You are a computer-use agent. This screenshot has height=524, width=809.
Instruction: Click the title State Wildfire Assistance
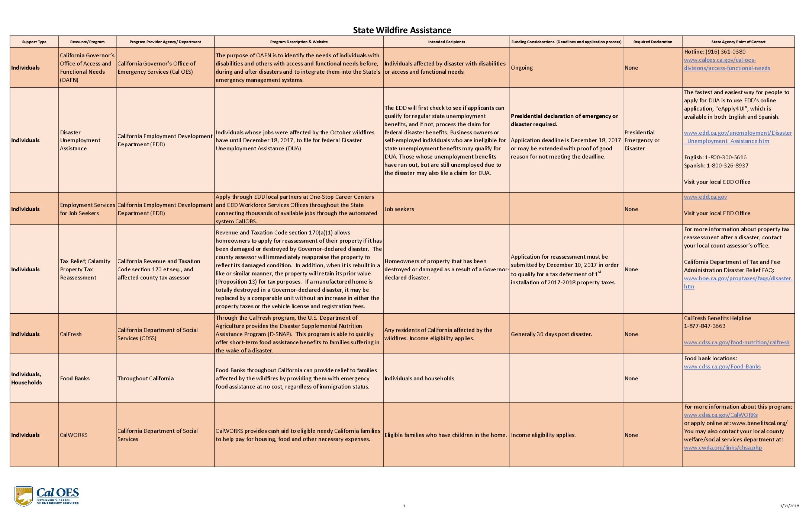click(402, 30)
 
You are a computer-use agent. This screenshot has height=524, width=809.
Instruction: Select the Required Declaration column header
click(652, 42)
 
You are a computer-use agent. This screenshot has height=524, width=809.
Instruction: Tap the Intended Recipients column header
click(446, 42)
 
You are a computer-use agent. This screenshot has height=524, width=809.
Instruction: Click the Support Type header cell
click(34, 42)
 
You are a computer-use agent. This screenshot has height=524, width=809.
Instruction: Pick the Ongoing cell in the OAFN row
click(522, 68)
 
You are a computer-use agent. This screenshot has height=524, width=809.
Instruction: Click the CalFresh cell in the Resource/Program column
click(71, 334)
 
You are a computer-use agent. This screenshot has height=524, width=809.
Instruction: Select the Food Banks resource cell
click(75, 378)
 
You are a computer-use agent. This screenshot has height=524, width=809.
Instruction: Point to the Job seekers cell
click(399, 209)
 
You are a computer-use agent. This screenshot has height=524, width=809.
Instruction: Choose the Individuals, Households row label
click(26, 378)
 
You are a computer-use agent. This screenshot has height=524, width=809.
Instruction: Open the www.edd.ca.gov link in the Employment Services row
click(705, 197)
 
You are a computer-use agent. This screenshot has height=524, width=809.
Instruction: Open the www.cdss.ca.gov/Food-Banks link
click(722, 367)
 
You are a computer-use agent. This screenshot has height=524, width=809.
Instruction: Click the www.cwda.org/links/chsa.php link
click(723, 448)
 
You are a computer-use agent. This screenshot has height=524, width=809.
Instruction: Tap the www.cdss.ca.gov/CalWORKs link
click(721, 415)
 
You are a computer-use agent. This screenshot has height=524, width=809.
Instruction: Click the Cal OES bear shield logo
click(24, 496)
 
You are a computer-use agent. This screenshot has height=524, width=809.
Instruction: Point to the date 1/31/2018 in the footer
click(789, 506)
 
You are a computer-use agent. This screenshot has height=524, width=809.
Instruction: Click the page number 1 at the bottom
click(404, 506)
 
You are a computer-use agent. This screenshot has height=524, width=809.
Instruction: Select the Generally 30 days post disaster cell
click(551, 334)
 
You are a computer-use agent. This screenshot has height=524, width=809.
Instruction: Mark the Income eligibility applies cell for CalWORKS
click(543, 435)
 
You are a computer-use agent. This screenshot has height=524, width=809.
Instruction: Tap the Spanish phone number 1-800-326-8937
click(727, 166)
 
